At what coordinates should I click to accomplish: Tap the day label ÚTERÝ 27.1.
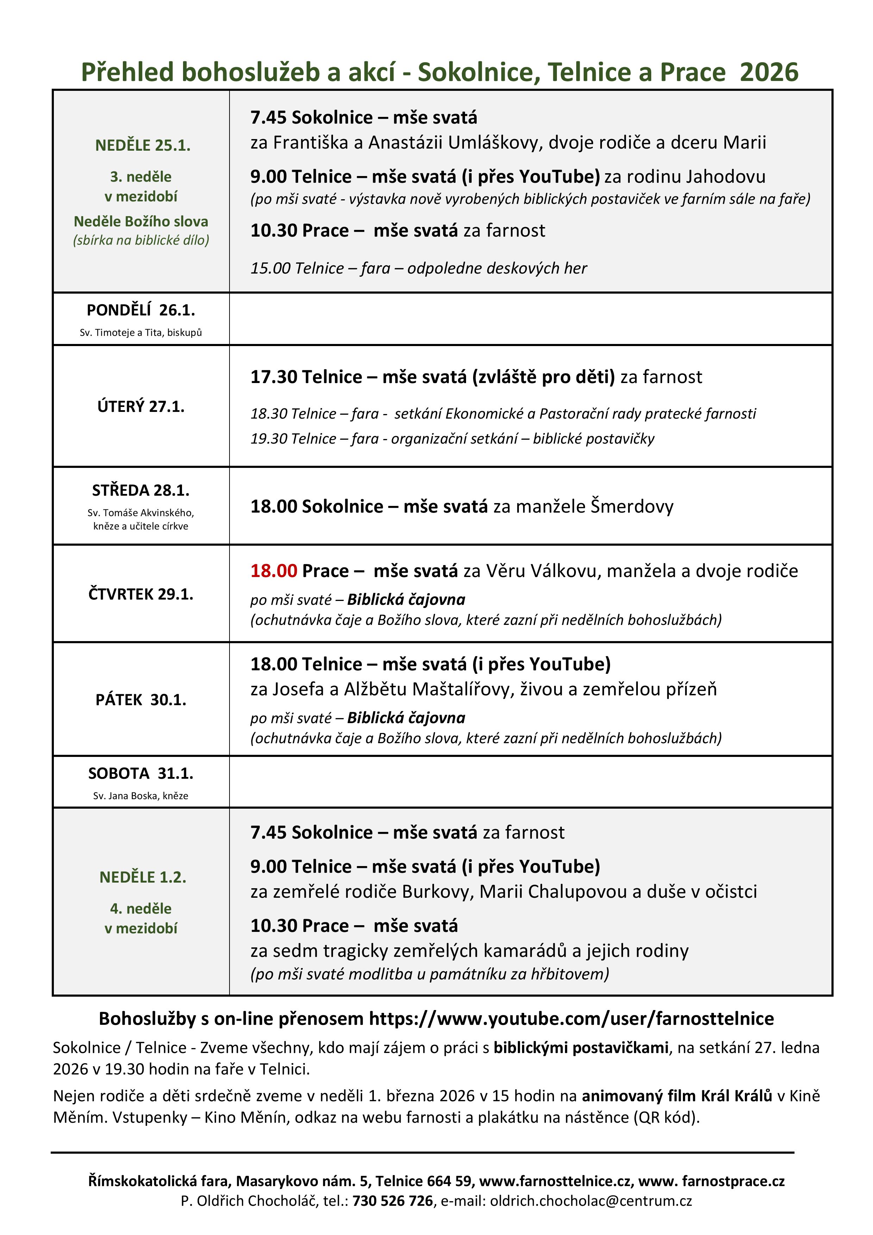[x=141, y=406]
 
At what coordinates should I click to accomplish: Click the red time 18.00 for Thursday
[x=274, y=571]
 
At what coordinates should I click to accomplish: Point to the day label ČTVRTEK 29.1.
[x=141, y=594]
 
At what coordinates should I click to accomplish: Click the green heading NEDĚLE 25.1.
[x=143, y=145]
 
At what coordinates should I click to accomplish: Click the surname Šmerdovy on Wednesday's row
[x=632, y=506]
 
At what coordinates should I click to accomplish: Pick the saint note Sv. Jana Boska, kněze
[x=141, y=796]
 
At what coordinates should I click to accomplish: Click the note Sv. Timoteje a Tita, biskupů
[x=141, y=332]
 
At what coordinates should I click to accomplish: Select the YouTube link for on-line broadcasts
[x=571, y=1018]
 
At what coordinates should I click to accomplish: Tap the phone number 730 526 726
[x=392, y=1200]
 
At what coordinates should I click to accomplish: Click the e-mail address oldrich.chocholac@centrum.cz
[x=591, y=1200]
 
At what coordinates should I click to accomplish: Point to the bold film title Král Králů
[x=736, y=1096]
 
